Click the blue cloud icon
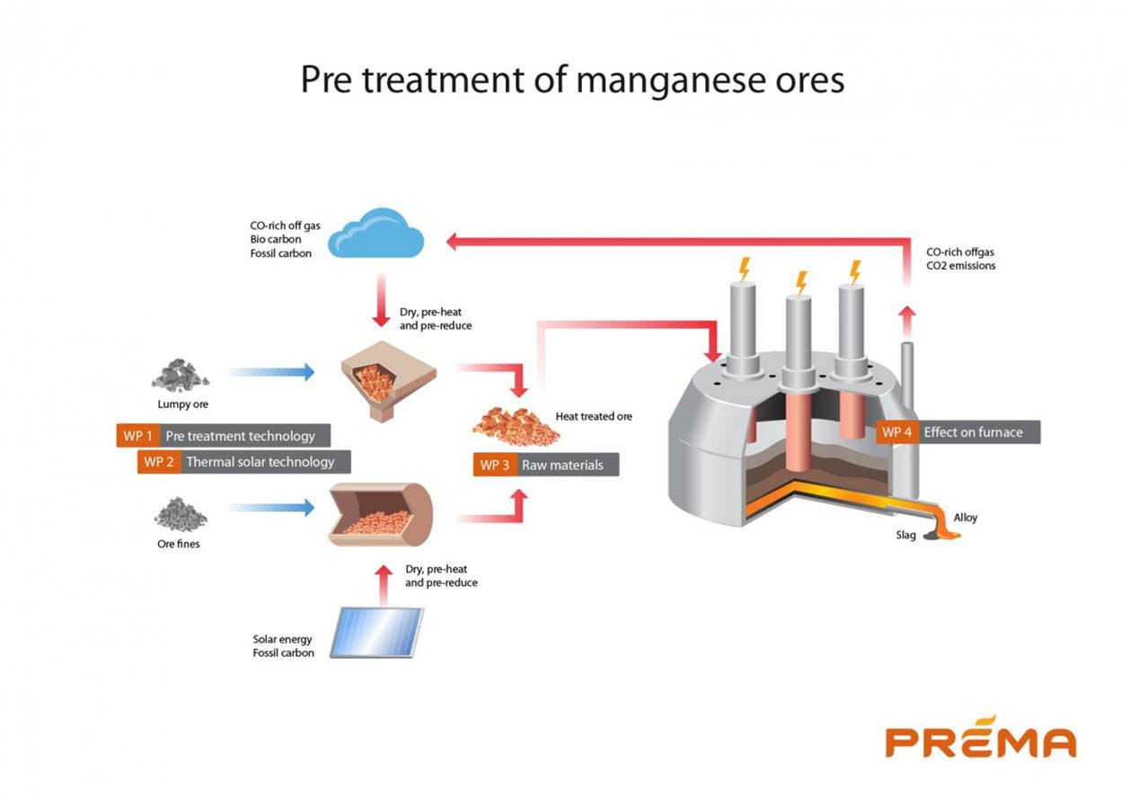pyautogui.click(x=375, y=234)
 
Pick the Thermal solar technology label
pyautogui.click(x=260, y=462)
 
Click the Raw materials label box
pyautogui.click(x=565, y=465)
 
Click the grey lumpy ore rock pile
pyautogui.click(x=181, y=374)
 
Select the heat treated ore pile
pyautogui.click(x=516, y=424)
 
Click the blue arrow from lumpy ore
pyautogui.click(x=270, y=371)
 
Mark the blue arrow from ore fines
pyautogui.click(x=270, y=509)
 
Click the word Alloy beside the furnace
pyautogui.click(x=965, y=518)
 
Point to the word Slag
pyautogui.click(x=905, y=536)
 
